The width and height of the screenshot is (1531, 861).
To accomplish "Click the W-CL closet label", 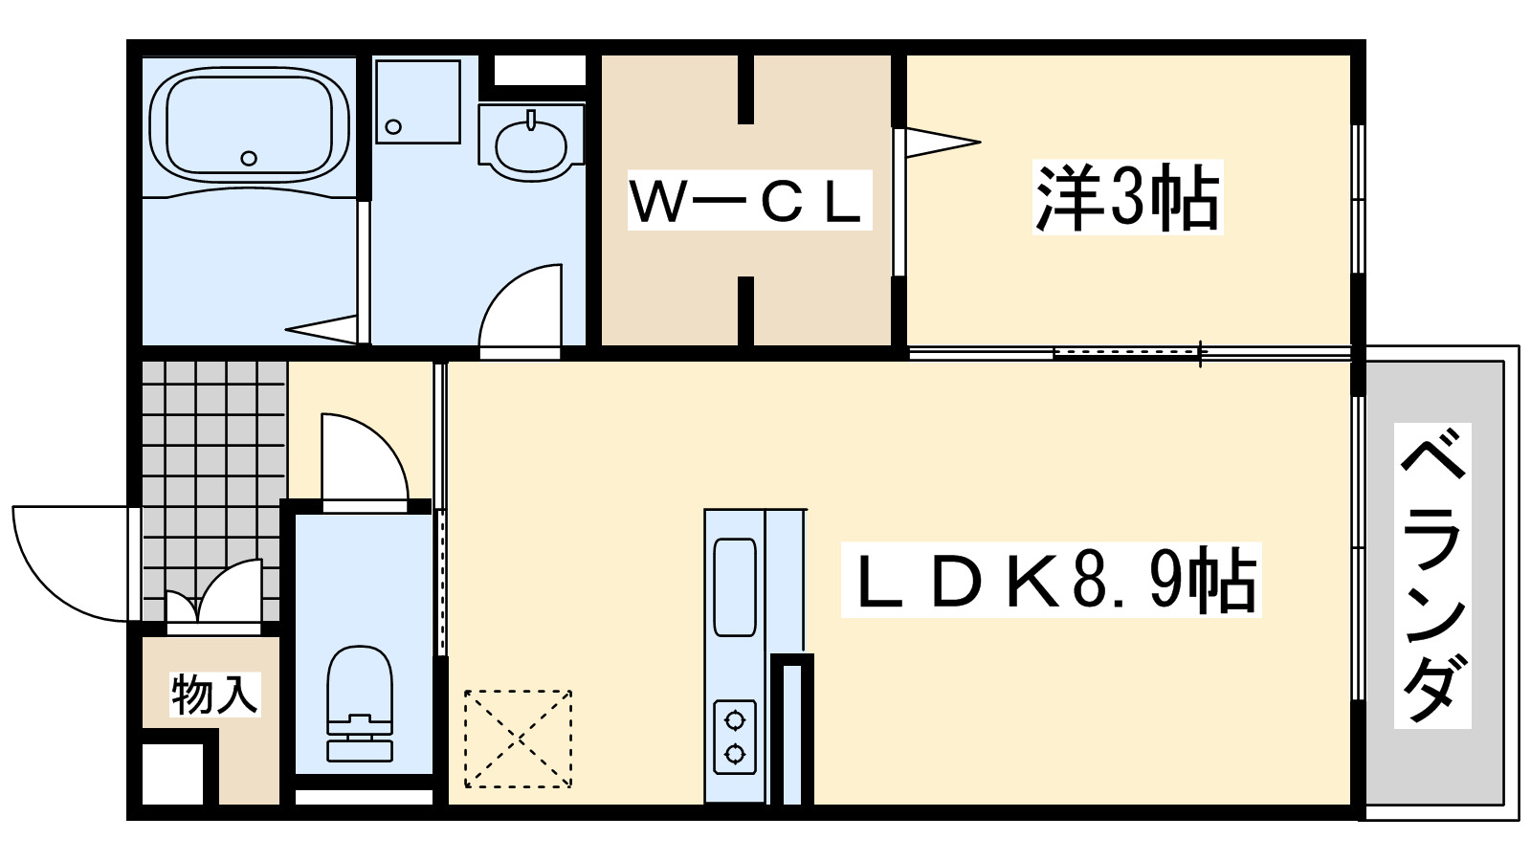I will (749, 200).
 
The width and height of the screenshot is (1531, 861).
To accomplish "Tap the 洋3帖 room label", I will (1127, 198).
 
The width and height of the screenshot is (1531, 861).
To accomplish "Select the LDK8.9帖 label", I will (1052, 580).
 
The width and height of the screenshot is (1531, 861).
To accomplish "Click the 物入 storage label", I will (214, 694).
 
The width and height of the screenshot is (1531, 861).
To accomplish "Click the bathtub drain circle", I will (249, 158).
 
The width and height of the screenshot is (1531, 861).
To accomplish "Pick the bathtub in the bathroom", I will (249, 124).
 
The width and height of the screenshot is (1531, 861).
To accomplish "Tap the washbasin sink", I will (530, 143).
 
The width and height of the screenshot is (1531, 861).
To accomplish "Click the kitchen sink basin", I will (735, 586).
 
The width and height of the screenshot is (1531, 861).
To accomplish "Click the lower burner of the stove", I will (735, 754).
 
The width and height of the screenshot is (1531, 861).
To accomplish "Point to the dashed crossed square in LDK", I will (518, 739).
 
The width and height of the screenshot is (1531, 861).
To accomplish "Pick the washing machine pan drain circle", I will (393, 126).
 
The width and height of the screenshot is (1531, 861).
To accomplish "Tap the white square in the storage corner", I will (172, 773).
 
